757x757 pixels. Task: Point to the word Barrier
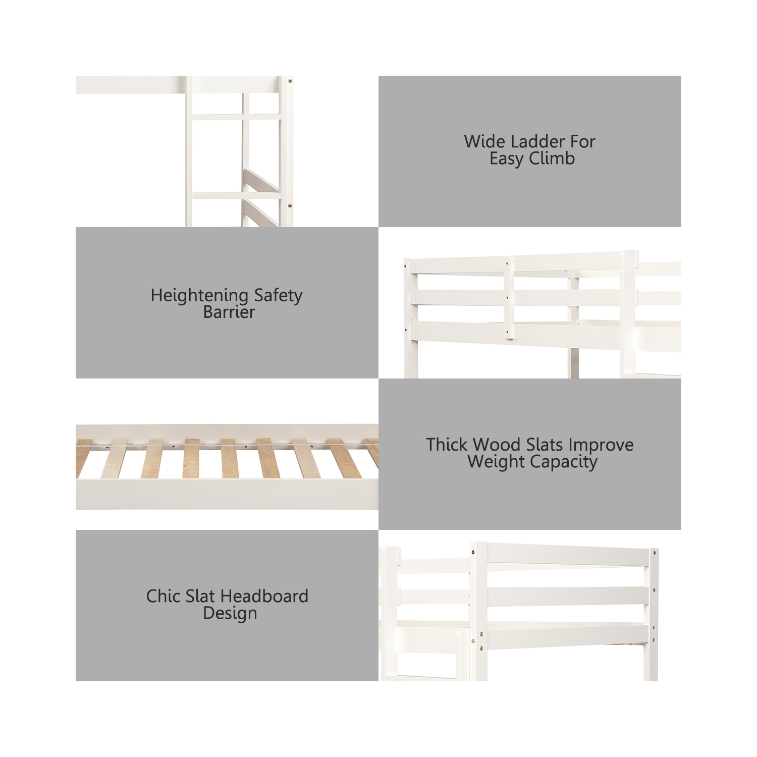click(x=229, y=312)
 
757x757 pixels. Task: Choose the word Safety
click(x=278, y=296)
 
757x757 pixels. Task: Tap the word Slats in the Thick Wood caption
click(x=545, y=445)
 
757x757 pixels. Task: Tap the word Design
click(x=230, y=614)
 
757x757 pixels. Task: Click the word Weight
click(x=496, y=462)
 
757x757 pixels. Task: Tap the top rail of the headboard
click(x=568, y=555)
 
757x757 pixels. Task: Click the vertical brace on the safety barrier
click(x=511, y=298)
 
